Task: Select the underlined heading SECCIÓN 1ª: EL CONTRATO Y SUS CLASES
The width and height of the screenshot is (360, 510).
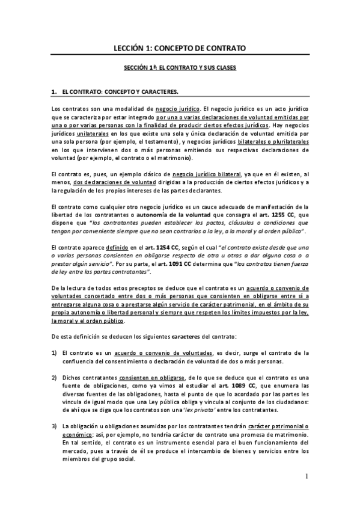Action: click(180, 69)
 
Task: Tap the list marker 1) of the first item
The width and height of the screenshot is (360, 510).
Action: click(54, 352)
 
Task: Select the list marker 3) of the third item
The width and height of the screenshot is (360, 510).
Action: click(54, 426)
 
